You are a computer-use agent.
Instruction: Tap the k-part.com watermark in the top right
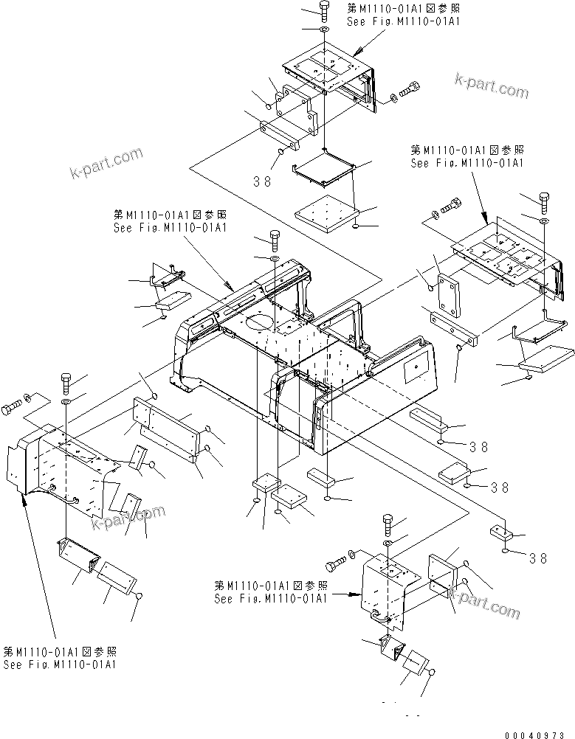(x=492, y=85)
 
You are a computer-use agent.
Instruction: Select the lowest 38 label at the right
(x=539, y=558)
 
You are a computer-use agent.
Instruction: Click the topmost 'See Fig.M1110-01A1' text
(x=404, y=21)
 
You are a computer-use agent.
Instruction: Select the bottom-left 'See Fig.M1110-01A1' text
(x=60, y=665)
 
